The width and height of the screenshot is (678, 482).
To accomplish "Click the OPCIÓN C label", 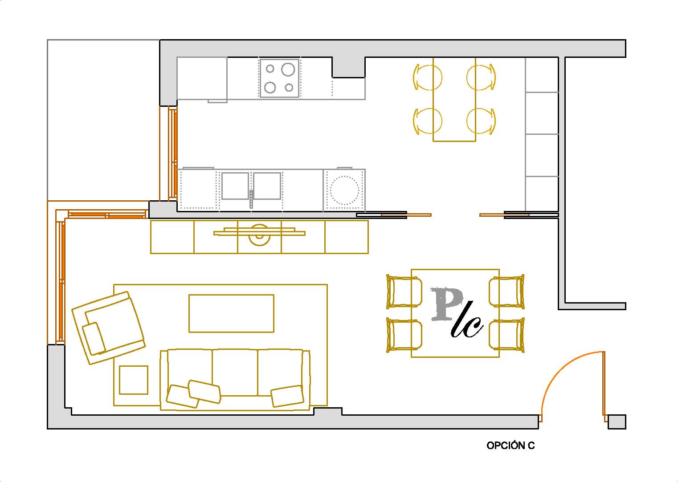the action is click(x=511, y=446).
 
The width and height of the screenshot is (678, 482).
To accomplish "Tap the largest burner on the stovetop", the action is click(x=288, y=69).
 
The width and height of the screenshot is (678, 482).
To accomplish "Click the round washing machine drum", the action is click(x=344, y=190).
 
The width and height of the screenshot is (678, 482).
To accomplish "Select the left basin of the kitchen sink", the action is click(x=235, y=186).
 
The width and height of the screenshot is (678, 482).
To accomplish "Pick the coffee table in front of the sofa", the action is click(x=231, y=313).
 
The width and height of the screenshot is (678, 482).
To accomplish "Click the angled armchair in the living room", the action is click(x=108, y=328).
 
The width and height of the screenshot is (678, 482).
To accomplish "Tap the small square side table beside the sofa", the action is click(x=134, y=380).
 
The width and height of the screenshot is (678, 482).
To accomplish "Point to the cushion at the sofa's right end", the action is click(x=287, y=396).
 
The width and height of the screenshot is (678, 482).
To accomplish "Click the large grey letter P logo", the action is click(x=446, y=304).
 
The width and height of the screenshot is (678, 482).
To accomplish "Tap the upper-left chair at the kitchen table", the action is click(x=427, y=77).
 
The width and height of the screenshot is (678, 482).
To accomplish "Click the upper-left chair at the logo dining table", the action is click(x=404, y=291).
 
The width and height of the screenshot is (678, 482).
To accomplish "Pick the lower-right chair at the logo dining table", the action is click(x=506, y=335).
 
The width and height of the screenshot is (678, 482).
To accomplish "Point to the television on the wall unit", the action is click(x=259, y=232).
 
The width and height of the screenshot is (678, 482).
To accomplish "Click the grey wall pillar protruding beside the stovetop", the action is click(x=348, y=67).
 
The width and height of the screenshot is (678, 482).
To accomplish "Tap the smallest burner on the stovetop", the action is click(x=289, y=88).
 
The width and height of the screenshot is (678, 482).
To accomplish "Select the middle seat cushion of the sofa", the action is click(x=235, y=373).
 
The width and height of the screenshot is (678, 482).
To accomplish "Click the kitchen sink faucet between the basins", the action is click(x=251, y=199).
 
